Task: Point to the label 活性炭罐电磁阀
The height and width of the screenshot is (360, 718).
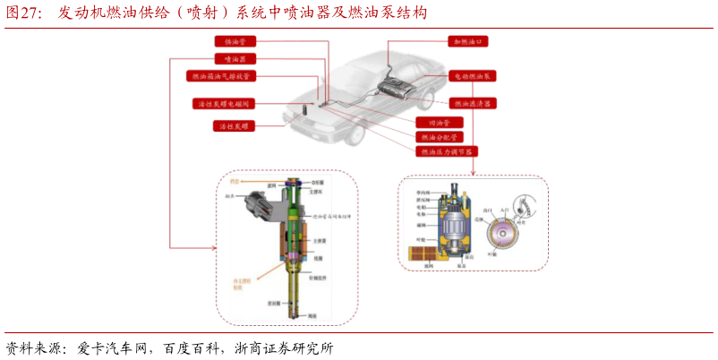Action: pos(225,104)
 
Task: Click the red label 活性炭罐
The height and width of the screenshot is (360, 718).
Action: pos(235,126)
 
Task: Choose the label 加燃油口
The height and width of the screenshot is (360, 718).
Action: pos(469,41)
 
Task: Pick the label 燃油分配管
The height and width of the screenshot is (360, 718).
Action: pos(439,137)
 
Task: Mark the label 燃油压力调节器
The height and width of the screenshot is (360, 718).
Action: pos(446,152)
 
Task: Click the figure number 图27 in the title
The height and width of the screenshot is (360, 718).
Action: pos(24,13)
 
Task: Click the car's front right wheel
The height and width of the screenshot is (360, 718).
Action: pos(355,134)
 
